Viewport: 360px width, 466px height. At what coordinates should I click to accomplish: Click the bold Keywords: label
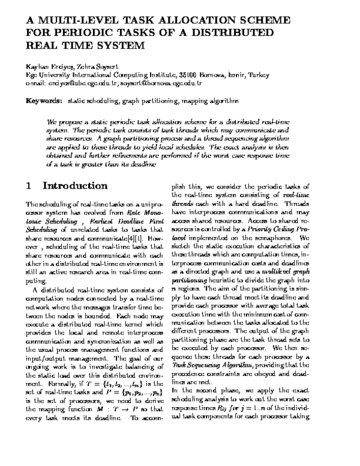point(44,100)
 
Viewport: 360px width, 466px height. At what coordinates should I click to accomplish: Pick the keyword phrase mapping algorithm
point(209,100)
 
